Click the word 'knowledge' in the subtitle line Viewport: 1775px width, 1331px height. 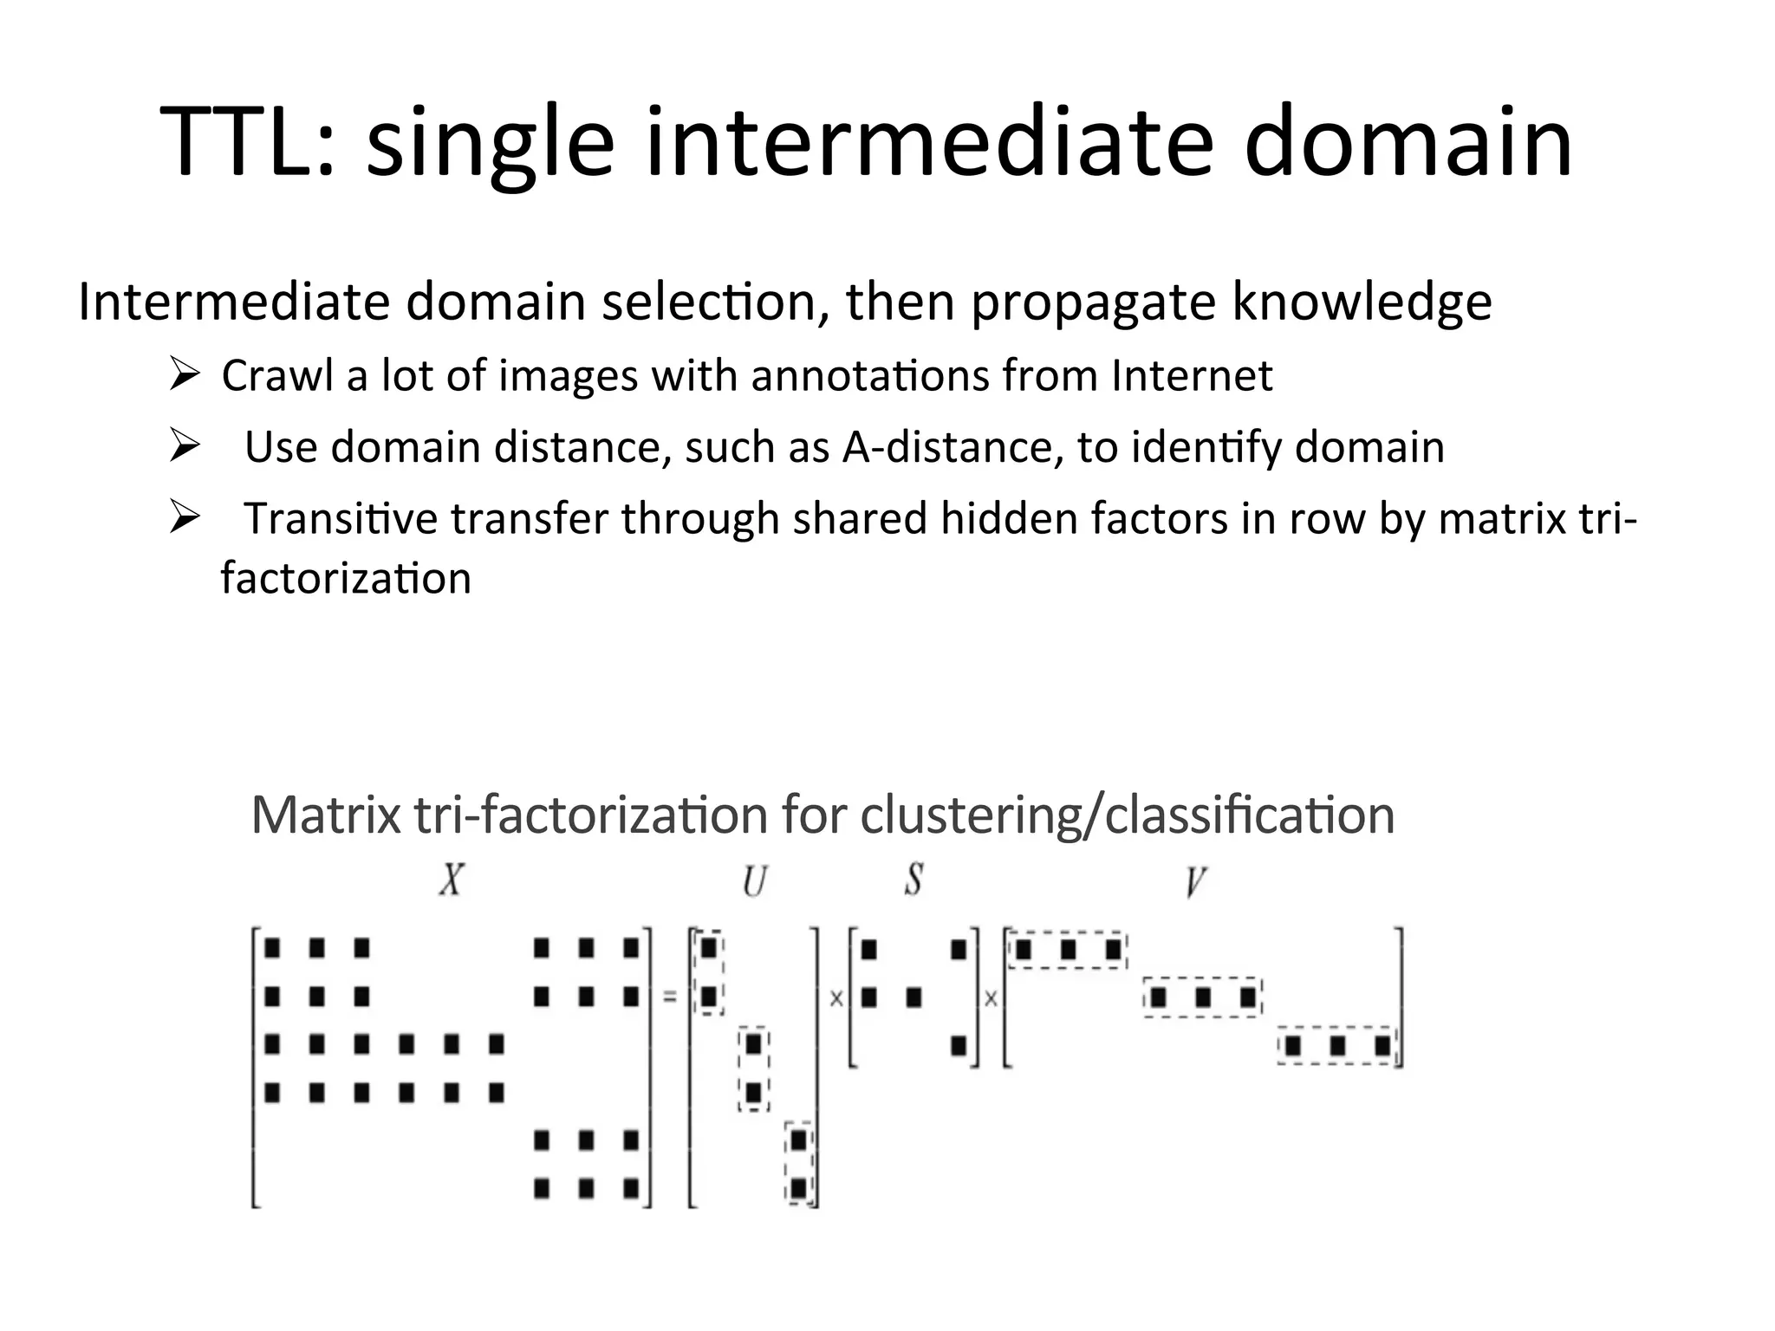pyautogui.click(x=1362, y=302)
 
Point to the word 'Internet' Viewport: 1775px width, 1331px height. pyautogui.click(x=1192, y=377)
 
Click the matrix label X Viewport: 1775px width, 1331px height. pyautogui.click(x=451, y=882)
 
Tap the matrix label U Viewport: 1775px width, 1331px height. pyautogui.click(x=754, y=882)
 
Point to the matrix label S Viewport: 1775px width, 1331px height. pyautogui.click(x=913, y=881)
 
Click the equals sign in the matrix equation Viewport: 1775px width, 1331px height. pyautogui.click(x=669, y=998)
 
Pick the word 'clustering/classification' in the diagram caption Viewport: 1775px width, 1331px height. pyautogui.click(x=1127, y=816)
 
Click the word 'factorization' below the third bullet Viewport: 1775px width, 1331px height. pyautogui.click(x=346, y=579)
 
